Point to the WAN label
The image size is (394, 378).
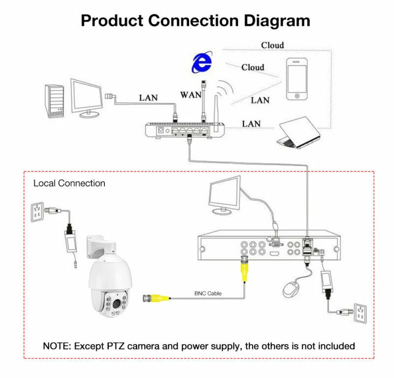coord(190,94)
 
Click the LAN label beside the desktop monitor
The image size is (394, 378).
coord(148,97)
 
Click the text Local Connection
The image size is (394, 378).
coord(69,183)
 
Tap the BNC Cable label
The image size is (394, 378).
coord(207,293)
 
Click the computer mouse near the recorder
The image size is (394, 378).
coord(292,288)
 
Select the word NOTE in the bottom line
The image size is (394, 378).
coord(57,346)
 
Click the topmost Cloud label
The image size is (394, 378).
coord(272,45)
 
